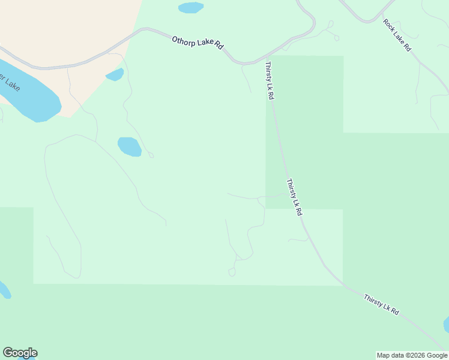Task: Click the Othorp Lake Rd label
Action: (x=197, y=43)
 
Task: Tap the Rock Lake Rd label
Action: (x=397, y=35)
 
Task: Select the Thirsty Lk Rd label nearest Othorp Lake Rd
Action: (x=270, y=80)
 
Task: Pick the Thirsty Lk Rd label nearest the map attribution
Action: (x=381, y=304)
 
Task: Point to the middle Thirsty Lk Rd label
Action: (x=294, y=197)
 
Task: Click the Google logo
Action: (x=20, y=353)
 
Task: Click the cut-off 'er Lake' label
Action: (x=10, y=82)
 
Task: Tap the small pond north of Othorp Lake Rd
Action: (x=190, y=8)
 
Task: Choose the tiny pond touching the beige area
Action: (x=115, y=74)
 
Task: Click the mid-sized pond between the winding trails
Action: (x=129, y=146)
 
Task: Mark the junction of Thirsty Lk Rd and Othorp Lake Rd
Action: (x=265, y=61)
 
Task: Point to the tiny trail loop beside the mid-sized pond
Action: (x=151, y=155)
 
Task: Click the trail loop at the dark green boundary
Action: (x=232, y=272)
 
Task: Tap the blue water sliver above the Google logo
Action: (x=4, y=290)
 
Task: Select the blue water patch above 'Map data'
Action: (x=446, y=325)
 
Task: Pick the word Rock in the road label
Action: (x=390, y=26)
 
